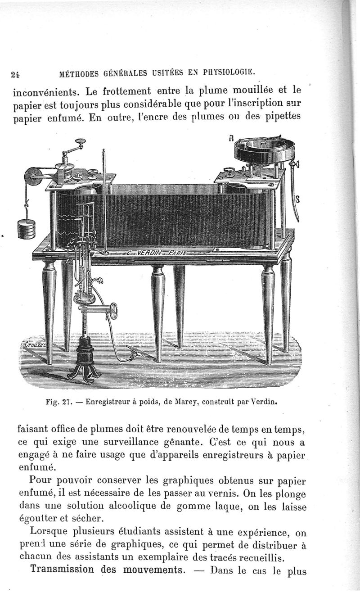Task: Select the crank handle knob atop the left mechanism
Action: pos(81,143)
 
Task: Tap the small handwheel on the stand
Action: pos(113,311)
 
